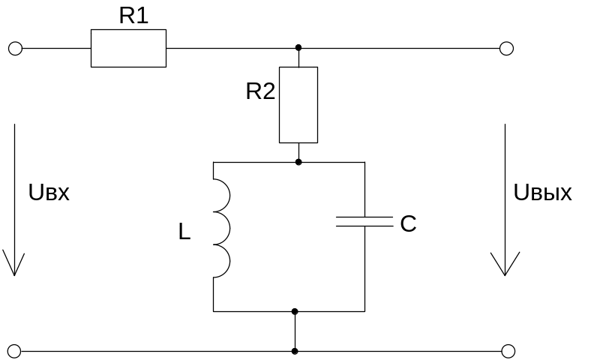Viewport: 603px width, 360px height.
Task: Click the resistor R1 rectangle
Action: [x=128, y=49]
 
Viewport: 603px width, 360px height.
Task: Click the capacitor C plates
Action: [x=364, y=221]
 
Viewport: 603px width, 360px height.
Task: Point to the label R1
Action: [x=133, y=17]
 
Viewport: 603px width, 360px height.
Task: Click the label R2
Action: [x=261, y=91]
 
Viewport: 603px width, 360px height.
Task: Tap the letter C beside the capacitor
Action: [x=408, y=223]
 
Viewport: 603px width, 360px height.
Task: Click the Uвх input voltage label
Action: [x=49, y=192]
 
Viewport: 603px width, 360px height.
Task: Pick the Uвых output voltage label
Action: [x=543, y=193]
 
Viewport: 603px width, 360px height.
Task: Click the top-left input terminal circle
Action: [x=15, y=49]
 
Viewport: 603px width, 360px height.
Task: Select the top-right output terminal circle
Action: [x=506, y=49]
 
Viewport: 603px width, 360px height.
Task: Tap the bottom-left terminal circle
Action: [x=15, y=350]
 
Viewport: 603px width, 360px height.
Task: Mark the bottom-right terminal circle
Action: [x=508, y=350]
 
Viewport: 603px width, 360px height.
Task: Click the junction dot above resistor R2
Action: [x=298, y=47]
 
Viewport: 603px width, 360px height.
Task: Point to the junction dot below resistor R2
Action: [x=298, y=161]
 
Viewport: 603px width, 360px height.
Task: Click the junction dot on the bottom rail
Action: [x=295, y=350]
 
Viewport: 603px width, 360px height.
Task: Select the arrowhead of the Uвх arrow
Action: [x=13, y=265]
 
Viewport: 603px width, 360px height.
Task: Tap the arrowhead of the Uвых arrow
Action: [x=505, y=265]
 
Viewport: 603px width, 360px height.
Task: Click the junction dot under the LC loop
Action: [x=295, y=311]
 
